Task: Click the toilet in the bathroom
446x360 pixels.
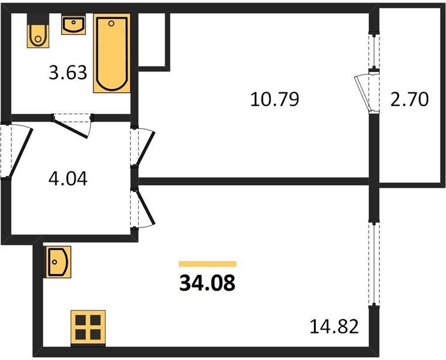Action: pos(38,31)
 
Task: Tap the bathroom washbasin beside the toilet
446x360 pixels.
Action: pos(73,25)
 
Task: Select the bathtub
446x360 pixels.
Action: pos(112,53)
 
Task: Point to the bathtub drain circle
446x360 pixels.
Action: pos(112,23)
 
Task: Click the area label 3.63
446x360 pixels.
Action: pos(68,73)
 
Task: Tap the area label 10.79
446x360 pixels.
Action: pos(274,99)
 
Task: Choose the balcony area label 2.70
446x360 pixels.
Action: pos(409,100)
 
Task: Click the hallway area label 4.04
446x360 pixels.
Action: pos(68,179)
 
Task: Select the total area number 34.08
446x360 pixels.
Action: pos(208,284)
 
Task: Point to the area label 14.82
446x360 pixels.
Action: pos(334,326)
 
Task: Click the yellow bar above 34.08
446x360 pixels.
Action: pos(208,264)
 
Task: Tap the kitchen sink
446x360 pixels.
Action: pos(59,262)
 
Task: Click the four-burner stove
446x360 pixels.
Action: pos(88,328)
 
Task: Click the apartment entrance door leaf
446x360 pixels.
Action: pos(20,152)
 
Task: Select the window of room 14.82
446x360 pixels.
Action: pos(374,263)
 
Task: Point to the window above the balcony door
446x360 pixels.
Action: pos(374,51)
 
